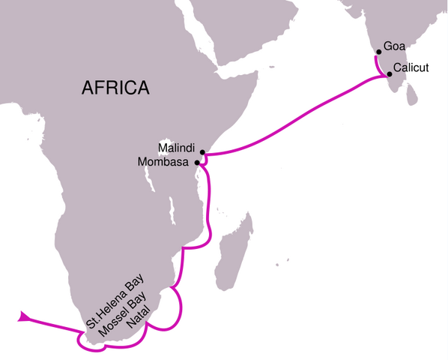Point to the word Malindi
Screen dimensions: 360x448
177,147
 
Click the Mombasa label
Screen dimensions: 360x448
166,161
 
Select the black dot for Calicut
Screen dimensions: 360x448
390,74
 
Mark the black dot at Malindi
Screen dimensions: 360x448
202,151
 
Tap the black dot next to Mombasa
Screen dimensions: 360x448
197,162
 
